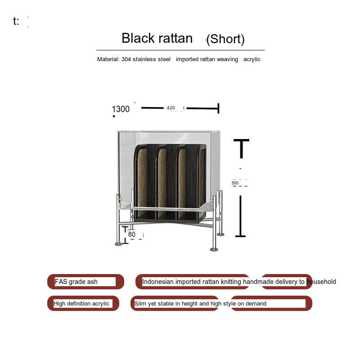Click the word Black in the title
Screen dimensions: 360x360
(138, 38)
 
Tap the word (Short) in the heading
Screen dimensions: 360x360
(225, 39)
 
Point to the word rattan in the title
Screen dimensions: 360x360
(175, 38)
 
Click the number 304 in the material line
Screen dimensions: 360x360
(126, 59)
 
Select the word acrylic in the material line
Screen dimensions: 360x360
(252, 59)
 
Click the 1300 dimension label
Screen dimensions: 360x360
(121, 109)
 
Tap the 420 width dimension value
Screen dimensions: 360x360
(171, 108)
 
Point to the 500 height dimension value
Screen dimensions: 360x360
(235, 183)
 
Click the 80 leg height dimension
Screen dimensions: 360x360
(132, 234)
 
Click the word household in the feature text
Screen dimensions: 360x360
(321, 282)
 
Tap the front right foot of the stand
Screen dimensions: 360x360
(214, 249)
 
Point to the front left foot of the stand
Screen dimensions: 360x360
(118, 244)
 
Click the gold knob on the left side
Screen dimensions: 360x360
(120, 198)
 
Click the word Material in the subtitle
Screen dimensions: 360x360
(108, 59)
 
